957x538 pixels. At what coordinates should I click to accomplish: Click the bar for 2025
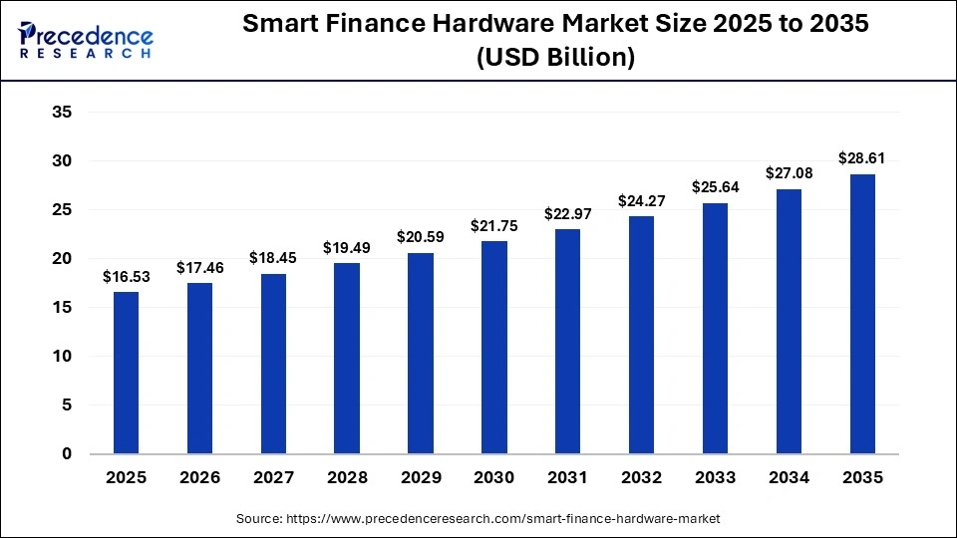click(x=126, y=373)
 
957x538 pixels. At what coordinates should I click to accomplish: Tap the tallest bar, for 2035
click(x=862, y=314)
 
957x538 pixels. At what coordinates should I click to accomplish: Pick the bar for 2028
click(x=347, y=358)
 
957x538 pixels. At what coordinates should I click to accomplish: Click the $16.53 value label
click(x=126, y=277)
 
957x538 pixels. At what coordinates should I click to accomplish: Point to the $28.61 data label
click(x=862, y=158)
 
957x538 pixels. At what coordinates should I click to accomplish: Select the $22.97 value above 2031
click(x=567, y=214)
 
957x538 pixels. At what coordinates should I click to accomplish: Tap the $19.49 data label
click(x=347, y=247)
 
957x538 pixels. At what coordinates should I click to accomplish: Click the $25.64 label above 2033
click(x=715, y=187)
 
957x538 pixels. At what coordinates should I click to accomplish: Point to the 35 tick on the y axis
click(x=62, y=113)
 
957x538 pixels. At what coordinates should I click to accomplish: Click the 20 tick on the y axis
click(x=62, y=259)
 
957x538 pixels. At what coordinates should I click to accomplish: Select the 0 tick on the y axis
click(x=67, y=454)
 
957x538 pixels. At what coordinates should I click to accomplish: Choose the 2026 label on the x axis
click(x=199, y=478)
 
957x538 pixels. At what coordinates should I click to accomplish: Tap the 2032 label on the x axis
click(x=641, y=478)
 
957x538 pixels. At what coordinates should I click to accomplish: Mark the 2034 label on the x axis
click(x=789, y=478)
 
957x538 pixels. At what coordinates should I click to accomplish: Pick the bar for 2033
click(x=715, y=328)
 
